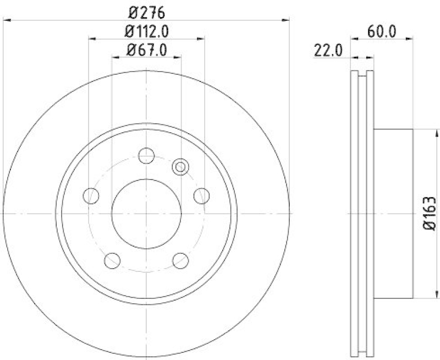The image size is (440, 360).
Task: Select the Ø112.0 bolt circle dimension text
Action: pyautogui.click(x=147, y=31)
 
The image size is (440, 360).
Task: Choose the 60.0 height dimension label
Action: pyautogui.click(x=382, y=31)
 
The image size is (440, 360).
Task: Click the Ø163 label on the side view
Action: pyautogui.click(x=430, y=212)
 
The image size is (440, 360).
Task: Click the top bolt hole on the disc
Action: pyautogui.click(x=146, y=156)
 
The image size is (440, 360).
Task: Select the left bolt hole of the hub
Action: pyautogui.click(x=91, y=195)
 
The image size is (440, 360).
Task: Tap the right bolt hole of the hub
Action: pyautogui.click(x=202, y=195)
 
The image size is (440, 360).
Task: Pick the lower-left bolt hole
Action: pyautogui.click(x=112, y=259)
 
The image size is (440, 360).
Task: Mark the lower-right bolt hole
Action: pyautogui.click(x=180, y=259)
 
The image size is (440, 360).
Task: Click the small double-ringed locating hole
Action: pyautogui.click(x=180, y=167)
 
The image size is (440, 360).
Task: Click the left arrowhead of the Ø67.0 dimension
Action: pyautogui.click(x=115, y=57)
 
